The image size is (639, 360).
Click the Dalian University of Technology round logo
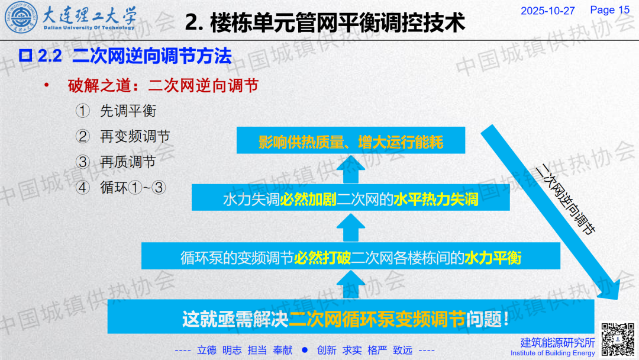21,18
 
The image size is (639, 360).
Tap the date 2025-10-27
547,11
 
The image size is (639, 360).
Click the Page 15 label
609,10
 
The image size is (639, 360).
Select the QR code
618,339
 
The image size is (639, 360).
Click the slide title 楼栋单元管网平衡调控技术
337,22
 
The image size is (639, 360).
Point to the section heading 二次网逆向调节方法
152,56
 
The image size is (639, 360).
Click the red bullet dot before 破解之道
47,85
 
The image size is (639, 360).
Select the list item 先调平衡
128,111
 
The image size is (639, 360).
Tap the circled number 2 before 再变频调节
83,137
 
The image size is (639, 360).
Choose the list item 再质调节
128,162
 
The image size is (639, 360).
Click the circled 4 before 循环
83,188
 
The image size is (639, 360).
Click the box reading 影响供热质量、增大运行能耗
350,140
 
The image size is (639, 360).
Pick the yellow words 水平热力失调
435,200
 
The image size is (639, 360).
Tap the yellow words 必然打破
322,258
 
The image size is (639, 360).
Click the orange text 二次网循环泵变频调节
377,319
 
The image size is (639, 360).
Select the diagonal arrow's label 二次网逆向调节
565,199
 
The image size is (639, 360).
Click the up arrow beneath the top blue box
350,169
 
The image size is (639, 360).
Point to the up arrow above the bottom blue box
350,285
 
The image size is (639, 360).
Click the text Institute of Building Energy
553,353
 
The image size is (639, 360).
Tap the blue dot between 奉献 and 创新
305,350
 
